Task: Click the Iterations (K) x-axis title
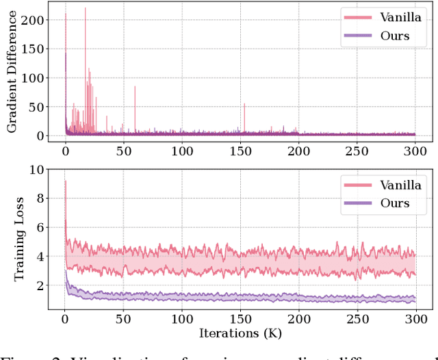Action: (x=240, y=333)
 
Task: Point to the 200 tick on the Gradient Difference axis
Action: (x=34, y=21)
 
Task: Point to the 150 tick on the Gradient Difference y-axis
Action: (x=34, y=49)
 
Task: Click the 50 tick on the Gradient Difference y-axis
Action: (x=37, y=107)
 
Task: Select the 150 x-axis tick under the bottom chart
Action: (x=240, y=319)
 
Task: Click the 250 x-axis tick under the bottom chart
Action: (x=357, y=319)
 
